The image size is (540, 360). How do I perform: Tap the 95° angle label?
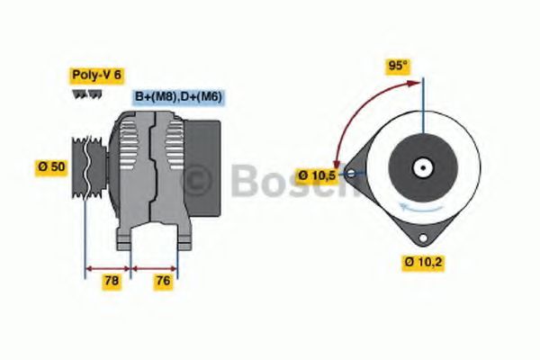[x=397, y=66]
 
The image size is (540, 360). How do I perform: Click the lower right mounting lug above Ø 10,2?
[x=420, y=235]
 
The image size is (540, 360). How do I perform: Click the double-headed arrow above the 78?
[x=108, y=267]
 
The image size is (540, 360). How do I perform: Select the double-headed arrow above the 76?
[x=154, y=267]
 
